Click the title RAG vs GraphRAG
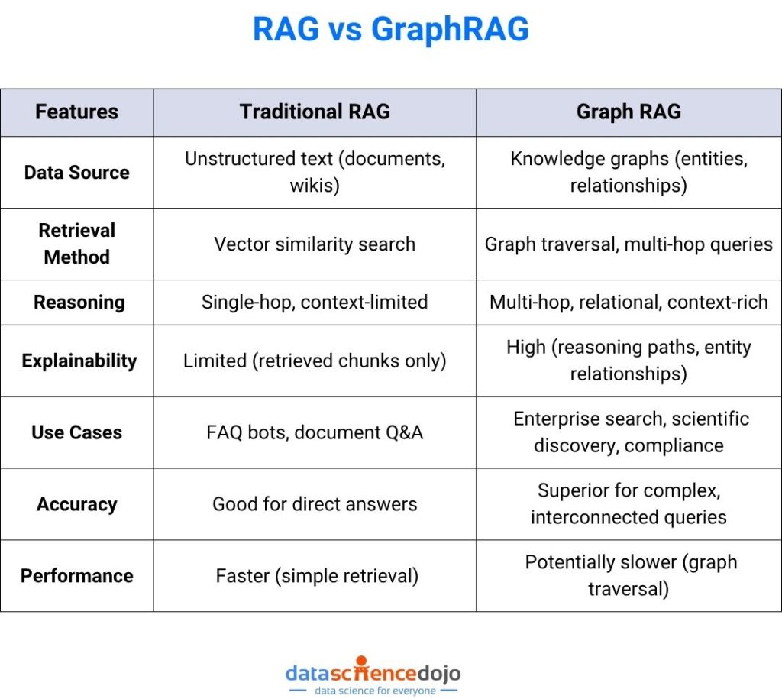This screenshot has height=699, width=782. pyautogui.click(x=390, y=30)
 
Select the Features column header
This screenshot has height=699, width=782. pyautogui.click(x=76, y=112)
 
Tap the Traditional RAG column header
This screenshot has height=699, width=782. pyautogui.click(x=315, y=112)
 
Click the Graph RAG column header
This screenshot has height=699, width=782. pyautogui.click(x=629, y=112)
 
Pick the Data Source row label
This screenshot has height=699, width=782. pyautogui.click(x=76, y=173)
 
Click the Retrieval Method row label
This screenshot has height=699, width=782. pyautogui.click(x=76, y=244)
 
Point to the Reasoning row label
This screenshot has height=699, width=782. pyautogui.click(x=79, y=302)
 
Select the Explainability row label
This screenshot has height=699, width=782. pyautogui.click(x=79, y=361)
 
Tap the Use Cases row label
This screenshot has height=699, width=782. pyautogui.click(x=76, y=432)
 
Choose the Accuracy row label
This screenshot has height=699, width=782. pyautogui.click(x=76, y=504)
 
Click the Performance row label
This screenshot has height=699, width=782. pyautogui.click(x=76, y=576)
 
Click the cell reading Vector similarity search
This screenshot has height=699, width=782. pyautogui.click(x=315, y=244)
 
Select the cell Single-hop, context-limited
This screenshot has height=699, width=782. pyautogui.click(x=315, y=302)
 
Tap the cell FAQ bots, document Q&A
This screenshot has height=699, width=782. pyautogui.click(x=315, y=432)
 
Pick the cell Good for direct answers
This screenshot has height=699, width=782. pyautogui.click(x=315, y=504)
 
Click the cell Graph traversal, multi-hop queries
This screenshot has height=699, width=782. pyautogui.click(x=629, y=244)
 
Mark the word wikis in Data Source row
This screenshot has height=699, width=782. pyautogui.click(x=314, y=186)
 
